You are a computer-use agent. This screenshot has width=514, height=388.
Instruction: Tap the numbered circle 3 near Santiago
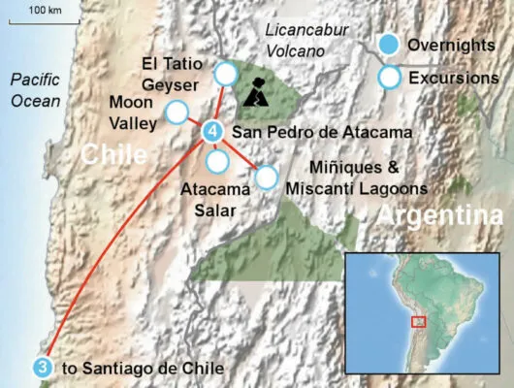(x=42, y=367)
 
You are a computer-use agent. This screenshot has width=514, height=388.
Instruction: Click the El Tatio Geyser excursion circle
(x=226, y=73)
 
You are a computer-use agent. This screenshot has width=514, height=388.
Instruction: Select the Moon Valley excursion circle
(x=177, y=113)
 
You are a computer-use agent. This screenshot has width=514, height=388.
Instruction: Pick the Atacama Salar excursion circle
(x=218, y=160)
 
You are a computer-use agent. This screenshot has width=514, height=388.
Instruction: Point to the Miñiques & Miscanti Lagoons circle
(x=266, y=177)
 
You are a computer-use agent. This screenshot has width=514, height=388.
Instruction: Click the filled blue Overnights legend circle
(x=389, y=45)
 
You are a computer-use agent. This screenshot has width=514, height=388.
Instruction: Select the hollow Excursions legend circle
(x=389, y=77)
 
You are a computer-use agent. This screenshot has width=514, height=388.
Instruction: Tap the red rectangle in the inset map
(x=419, y=321)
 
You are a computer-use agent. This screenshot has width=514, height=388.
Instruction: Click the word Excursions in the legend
(x=453, y=77)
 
